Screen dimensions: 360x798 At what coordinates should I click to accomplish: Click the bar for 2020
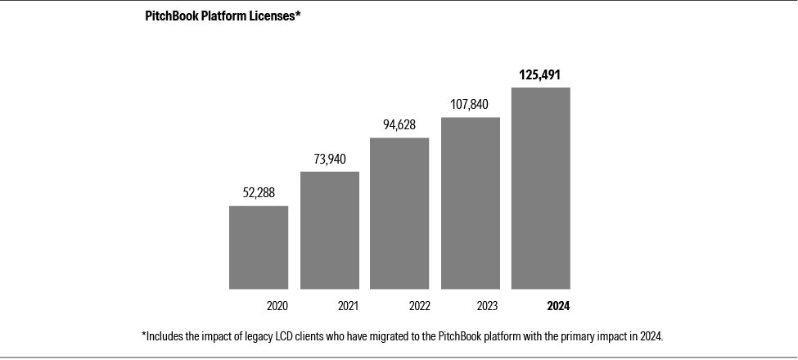coord(258,247)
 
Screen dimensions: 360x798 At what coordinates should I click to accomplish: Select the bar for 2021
coord(329,230)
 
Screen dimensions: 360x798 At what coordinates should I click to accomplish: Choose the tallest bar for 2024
coord(540,188)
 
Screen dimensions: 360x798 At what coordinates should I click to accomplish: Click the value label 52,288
coord(259,193)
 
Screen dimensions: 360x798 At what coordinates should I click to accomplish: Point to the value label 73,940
coord(329,159)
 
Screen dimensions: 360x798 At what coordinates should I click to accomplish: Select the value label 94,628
coord(399,124)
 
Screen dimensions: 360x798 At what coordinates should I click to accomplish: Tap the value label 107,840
coord(470,104)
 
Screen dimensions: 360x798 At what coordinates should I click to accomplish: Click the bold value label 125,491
coord(540,74)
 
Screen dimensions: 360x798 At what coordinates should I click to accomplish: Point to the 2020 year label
coord(277,307)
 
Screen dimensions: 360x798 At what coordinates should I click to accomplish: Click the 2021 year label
coord(348,307)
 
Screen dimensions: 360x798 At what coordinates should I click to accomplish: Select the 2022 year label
coord(418,307)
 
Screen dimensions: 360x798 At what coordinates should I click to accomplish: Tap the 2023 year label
coord(489,307)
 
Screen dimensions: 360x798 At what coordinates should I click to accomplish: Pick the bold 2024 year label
coord(557,307)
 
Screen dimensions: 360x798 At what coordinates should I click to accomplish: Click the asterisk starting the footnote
coord(144,335)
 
